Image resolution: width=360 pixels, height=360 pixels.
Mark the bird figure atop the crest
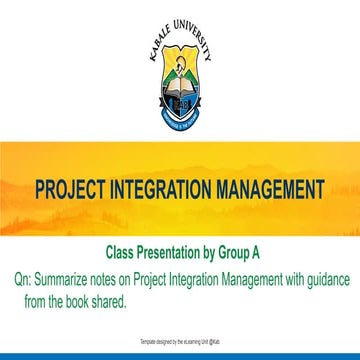coord(180,69)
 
